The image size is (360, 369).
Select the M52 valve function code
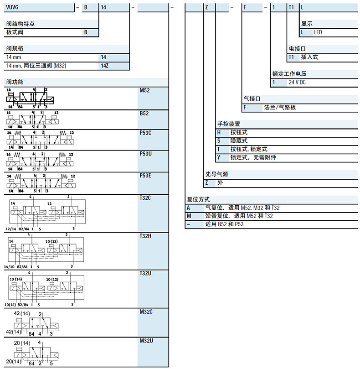[x=144, y=90]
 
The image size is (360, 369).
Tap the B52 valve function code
[x=144, y=112]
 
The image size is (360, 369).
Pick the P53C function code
[x=145, y=132]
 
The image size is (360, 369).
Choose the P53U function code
[x=145, y=154]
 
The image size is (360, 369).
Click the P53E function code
[x=145, y=175]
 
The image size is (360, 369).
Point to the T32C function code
[x=145, y=197]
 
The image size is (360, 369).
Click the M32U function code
[x=145, y=340]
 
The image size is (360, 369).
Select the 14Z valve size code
[x=104, y=66]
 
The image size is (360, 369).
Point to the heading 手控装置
[x=228, y=124]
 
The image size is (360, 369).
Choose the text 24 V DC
[x=298, y=83]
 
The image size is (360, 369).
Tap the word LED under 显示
[x=318, y=32]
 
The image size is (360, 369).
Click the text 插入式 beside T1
[x=309, y=57]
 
